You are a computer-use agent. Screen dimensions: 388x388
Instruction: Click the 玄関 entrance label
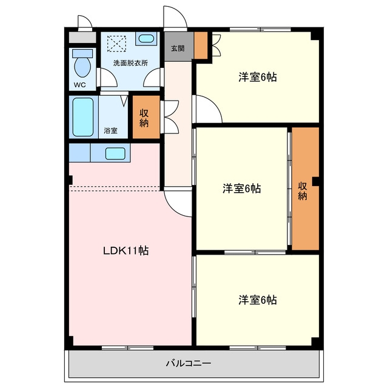click(178, 48)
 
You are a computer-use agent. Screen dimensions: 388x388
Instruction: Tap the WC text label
click(79, 85)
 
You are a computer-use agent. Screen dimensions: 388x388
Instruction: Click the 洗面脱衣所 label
click(130, 63)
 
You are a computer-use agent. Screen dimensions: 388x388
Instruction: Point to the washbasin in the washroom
click(146, 38)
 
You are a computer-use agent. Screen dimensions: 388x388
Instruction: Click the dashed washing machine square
click(116, 44)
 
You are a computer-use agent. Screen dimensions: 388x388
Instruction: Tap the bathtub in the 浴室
click(83, 117)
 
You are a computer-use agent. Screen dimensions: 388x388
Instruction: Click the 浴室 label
click(110, 130)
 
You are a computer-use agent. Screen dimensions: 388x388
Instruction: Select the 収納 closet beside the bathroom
click(146, 117)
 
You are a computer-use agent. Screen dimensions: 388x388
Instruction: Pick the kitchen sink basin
click(115, 153)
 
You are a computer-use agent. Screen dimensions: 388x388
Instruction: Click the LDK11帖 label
click(125, 250)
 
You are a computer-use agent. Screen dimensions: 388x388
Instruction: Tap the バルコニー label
click(189, 364)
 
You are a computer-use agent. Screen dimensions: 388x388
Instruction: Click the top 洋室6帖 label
click(257, 77)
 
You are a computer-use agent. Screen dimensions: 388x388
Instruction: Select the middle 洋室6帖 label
click(241, 189)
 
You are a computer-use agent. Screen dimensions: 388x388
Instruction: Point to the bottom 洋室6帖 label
click(257, 300)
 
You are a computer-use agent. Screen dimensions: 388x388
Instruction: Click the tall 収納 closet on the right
click(306, 189)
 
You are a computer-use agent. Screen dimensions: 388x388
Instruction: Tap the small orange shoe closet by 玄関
click(201, 45)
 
